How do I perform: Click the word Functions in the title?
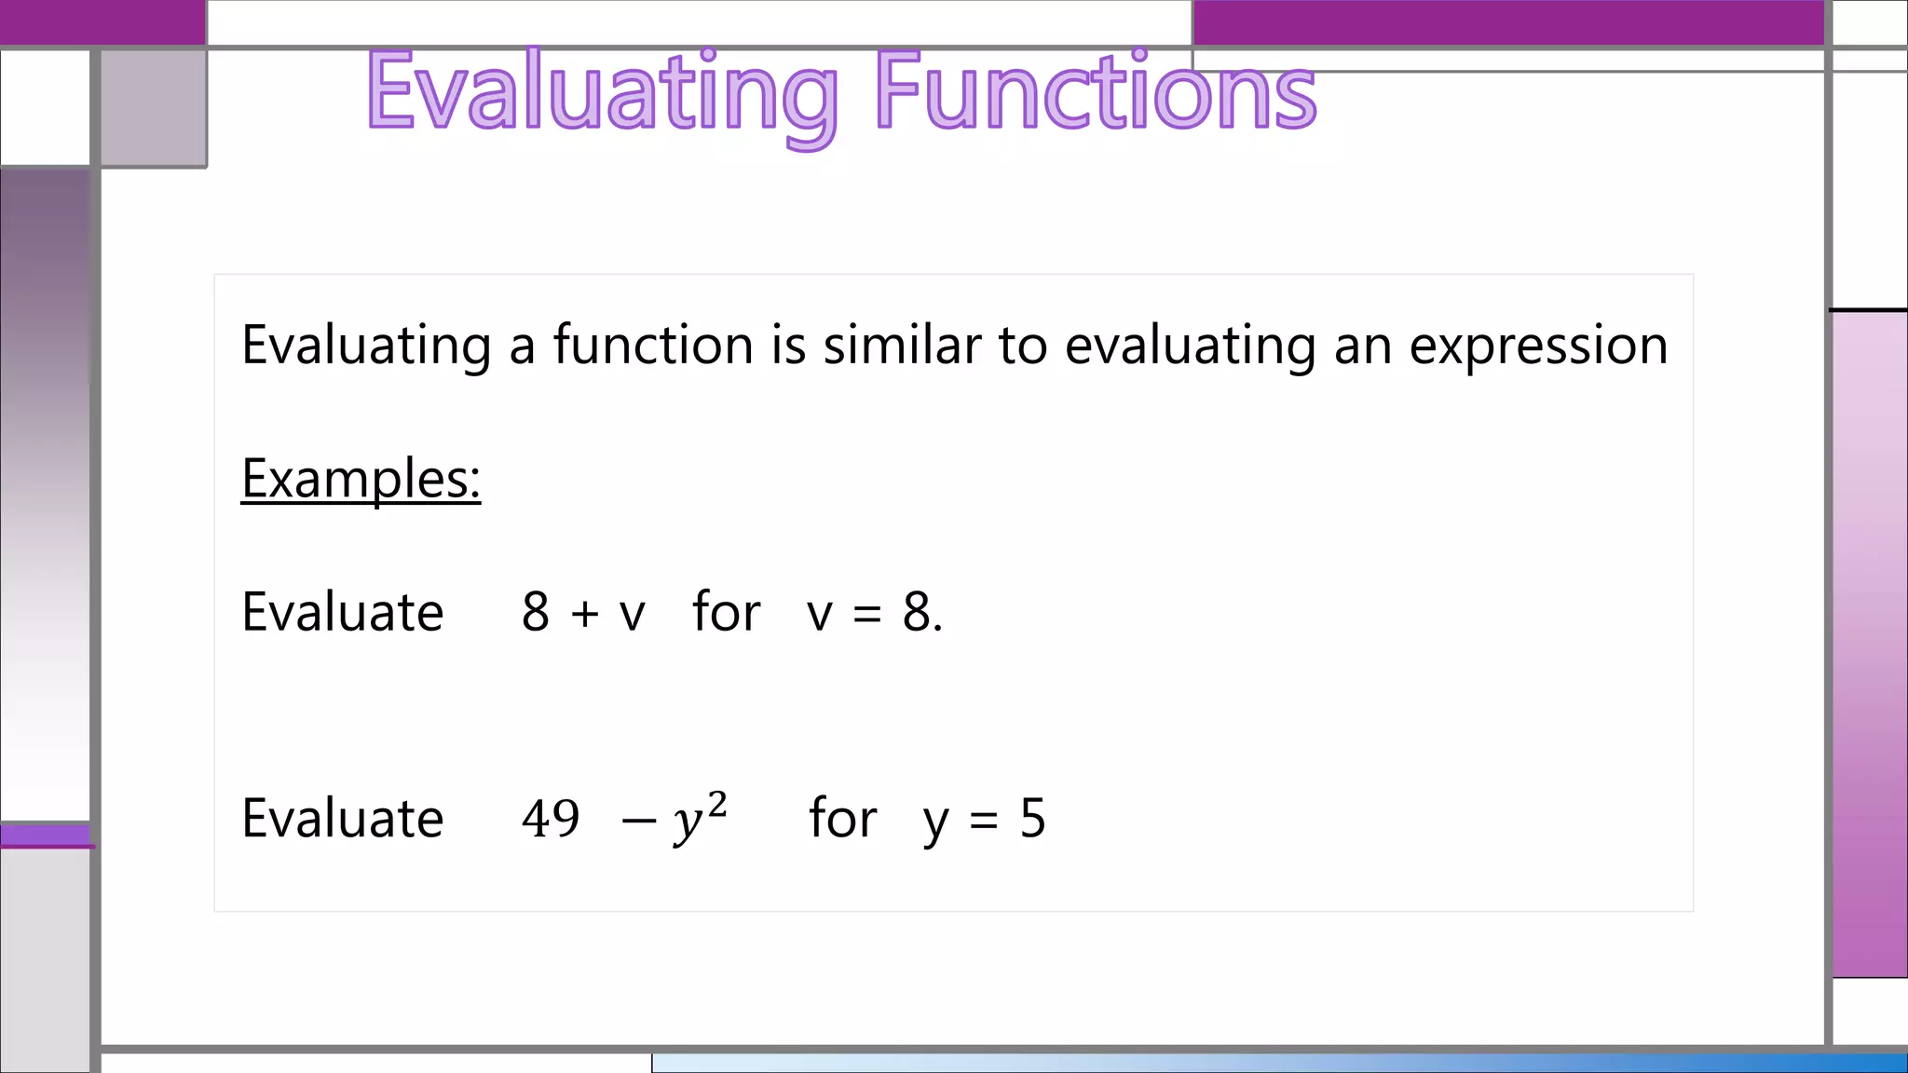click(1096, 91)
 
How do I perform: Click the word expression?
click(1538, 346)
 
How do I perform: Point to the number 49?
click(551, 819)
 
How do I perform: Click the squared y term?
click(699, 817)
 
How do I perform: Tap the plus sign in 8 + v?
click(585, 613)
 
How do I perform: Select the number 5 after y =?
click(1032, 819)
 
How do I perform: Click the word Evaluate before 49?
click(342, 819)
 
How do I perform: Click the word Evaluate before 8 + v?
click(342, 613)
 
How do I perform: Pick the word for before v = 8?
click(726, 613)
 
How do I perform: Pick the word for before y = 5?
click(842, 819)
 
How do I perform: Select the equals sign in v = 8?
click(866, 615)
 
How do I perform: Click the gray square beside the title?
click(154, 107)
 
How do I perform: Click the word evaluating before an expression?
click(1190, 346)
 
